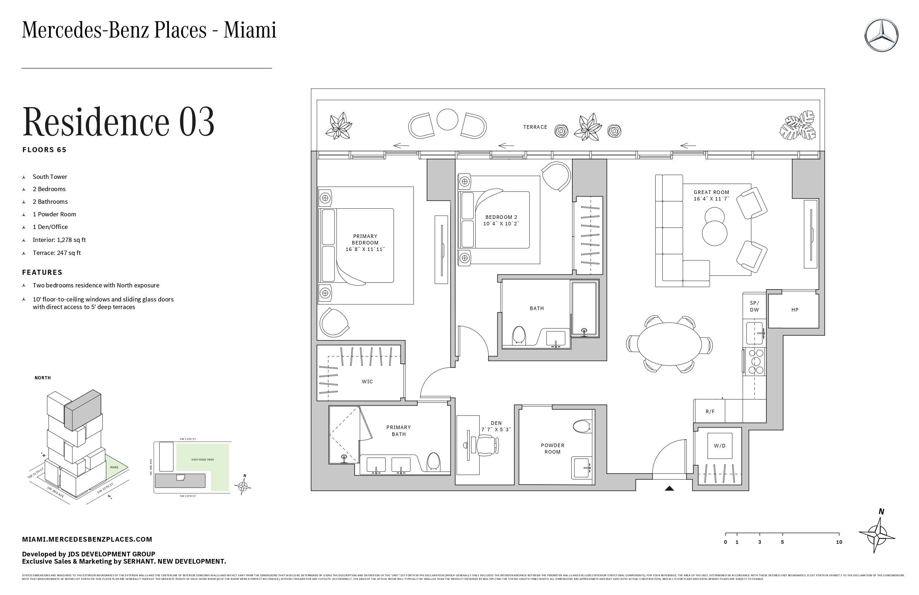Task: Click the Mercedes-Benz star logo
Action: pos(881,35)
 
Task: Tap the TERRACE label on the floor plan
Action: pos(535,127)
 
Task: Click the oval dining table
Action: pos(669,344)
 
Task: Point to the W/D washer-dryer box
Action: pos(719,445)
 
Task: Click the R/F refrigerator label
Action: pos(710,411)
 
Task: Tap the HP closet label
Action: pos(794,310)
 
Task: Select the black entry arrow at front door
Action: pos(669,488)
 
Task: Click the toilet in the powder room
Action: pos(582,427)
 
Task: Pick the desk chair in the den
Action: pos(487,445)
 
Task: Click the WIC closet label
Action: pos(367,382)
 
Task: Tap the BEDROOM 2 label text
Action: pos(501,217)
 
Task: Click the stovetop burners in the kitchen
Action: pos(756,362)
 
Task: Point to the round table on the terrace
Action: pos(447,119)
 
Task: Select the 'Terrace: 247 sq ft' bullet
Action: pos(57,253)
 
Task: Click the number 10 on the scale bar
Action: pos(839,542)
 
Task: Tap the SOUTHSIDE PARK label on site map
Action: pos(202,460)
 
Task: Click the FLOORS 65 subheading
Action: pos(44,150)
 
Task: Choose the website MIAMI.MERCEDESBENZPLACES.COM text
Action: pos(87,539)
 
